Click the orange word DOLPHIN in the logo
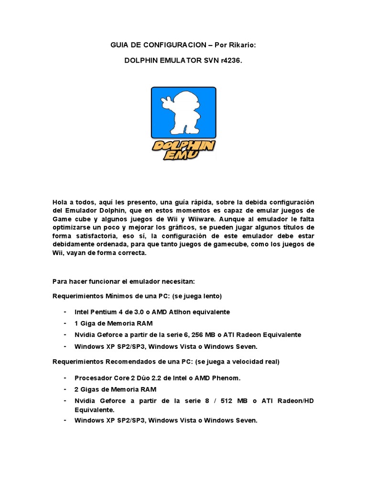(x=183, y=145)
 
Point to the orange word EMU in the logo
(x=183, y=156)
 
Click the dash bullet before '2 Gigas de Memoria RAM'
(x=65, y=390)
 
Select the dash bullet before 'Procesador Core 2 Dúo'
(x=65, y=378)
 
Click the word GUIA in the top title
(x=120, y=45)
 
